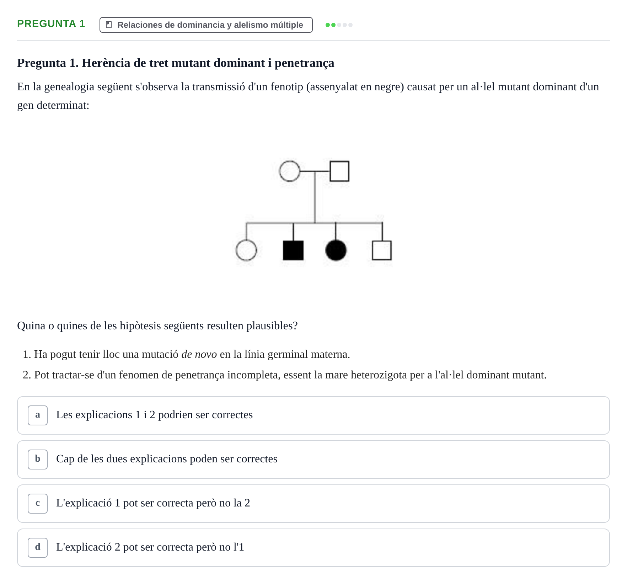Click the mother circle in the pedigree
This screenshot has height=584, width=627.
click(279, 171)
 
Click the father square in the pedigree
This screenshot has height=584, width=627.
click(331, 171)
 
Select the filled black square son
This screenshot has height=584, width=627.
click(293, 250)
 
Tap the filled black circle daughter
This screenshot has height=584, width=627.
click(336, 250)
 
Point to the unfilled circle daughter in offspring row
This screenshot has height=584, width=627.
click(236, 250)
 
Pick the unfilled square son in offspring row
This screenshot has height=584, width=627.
click(373, 250)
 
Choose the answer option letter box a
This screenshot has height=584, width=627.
click(38, 415)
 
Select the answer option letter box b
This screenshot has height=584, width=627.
click(38, 460)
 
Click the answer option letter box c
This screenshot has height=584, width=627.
click(38, 504)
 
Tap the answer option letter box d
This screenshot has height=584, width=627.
click(38, 548)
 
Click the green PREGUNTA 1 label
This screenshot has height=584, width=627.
click(51, 24)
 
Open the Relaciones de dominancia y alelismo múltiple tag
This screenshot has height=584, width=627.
click(206, 25)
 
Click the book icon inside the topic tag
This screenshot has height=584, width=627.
click(109, 25)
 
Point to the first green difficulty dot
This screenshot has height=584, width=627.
click(328, 25)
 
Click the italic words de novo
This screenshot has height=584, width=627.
click(199, 354)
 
